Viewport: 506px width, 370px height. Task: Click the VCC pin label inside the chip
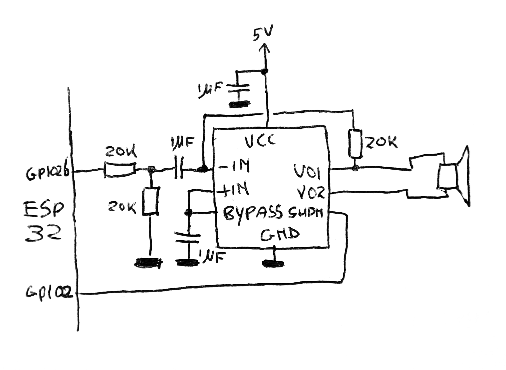[x=260, y=141]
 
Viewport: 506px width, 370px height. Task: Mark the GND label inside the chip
[x=280, y=235]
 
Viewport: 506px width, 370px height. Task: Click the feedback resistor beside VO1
[x=356, y=144]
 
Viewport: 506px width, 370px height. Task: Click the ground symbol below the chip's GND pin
[x=273, y=263]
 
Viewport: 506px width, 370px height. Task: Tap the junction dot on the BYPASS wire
[x=188, y=212]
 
